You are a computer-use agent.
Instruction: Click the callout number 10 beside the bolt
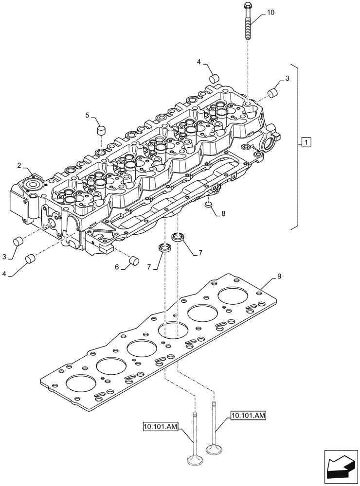click(270, 13)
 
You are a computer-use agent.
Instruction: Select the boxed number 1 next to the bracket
click(305, 142)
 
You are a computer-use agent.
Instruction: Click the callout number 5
click(88, 115)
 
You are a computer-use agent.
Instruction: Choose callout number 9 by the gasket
click(279, 276)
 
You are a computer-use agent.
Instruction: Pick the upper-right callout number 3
click(287, 78)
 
